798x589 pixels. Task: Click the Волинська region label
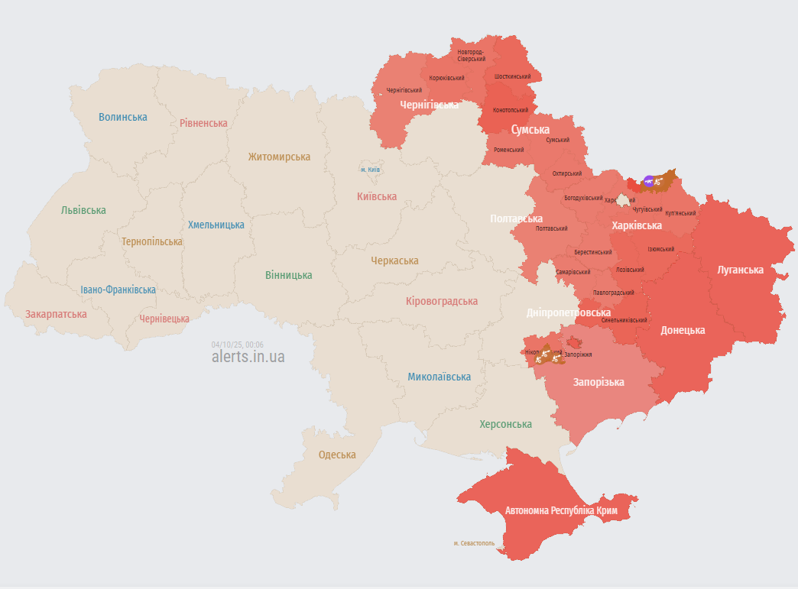click(x=123, y=117)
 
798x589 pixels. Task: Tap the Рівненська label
click(x=203, y=123)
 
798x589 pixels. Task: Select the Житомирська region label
click(x=279, y=157)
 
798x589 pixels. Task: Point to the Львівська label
click(x=83, y=210)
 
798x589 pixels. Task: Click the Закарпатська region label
click(x=56, y=314)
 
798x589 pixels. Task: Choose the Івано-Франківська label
click(x=118, y=290)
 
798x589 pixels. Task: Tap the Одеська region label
click(x=337, y=455)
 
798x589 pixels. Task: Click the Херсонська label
click(x=505, y=424)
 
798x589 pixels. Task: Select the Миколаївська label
click(x=439, y=377)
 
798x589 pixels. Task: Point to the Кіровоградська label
click(x=442, y=301)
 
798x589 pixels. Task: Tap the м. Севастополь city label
click(x=473, y=544)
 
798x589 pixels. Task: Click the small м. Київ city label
click(x=371, y=170)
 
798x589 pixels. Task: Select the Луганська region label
click(x=740, y=270)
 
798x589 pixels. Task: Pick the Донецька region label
click(x=683, y=330)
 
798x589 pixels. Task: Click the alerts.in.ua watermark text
click(x=248, y=357)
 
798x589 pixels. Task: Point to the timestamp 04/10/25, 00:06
click(x=238, y=345)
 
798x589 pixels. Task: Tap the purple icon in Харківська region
click(x=649, y=180)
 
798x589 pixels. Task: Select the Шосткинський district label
click(x=512, y=76)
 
